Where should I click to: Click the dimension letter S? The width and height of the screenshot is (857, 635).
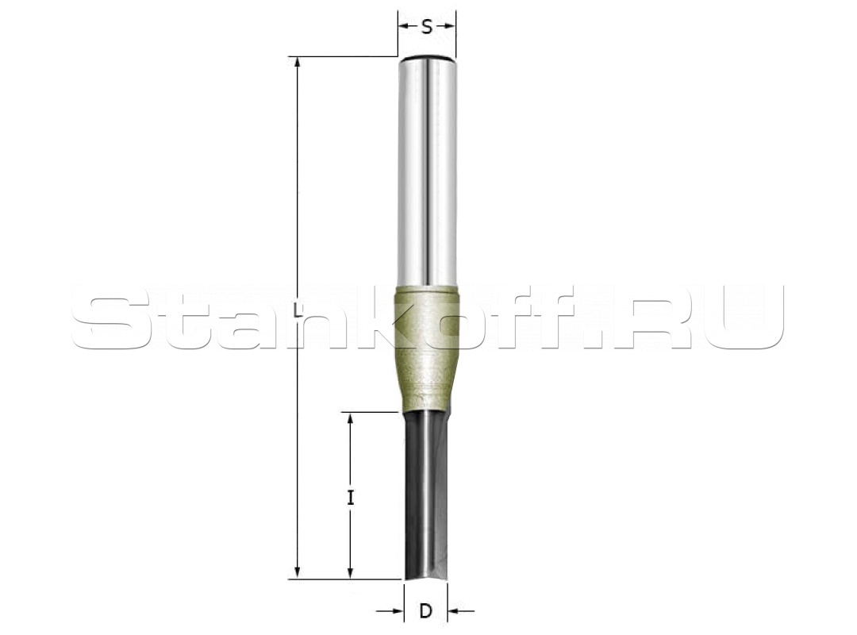click(x=427, y=26)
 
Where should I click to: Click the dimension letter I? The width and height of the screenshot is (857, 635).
click(x=351, y=498)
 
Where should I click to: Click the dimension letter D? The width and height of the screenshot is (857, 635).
click(x=426, y=611)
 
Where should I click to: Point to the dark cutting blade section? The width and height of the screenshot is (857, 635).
click(x=426, y=495)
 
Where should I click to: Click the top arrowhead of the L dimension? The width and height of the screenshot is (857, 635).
click(x=298, y=63)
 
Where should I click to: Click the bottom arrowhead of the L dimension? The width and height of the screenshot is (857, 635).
click(x=298, y=572)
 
